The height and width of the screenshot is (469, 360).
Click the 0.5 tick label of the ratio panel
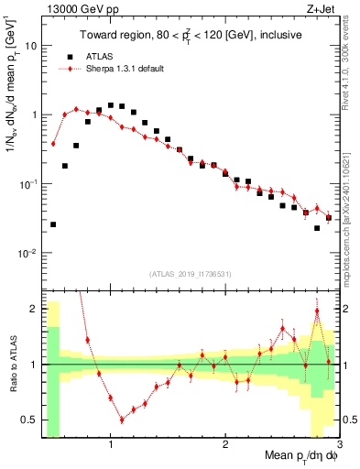pyautogui.click(x=29, y=420)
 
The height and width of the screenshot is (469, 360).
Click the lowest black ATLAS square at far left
pyautogui.click(x=53, y=224)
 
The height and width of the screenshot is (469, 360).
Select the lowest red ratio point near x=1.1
pyautogui.click(x=122, y=420)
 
